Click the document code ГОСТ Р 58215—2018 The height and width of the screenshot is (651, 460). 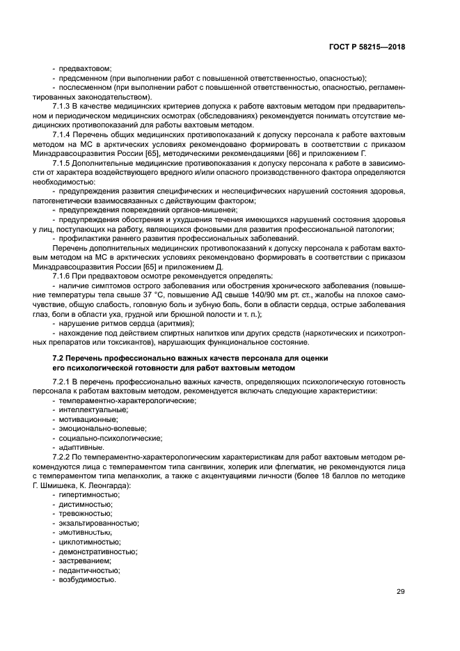tap(367, 47)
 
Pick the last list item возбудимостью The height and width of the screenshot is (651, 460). tap(88, 579)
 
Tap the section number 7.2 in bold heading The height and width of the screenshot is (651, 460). tap(60, 357)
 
